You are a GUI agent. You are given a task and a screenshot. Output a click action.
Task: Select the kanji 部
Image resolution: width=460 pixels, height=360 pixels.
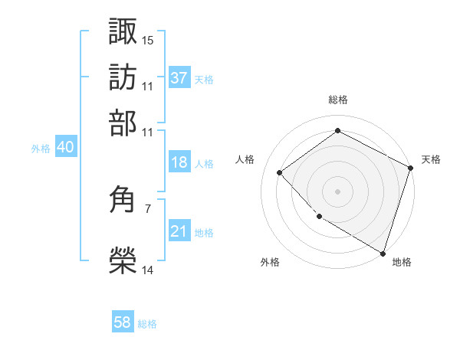[x=123, y=122]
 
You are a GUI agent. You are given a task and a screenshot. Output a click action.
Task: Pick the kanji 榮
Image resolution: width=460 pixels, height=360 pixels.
[x=123, y=259]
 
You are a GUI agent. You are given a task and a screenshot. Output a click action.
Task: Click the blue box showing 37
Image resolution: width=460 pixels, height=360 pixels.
[x=179, y=78]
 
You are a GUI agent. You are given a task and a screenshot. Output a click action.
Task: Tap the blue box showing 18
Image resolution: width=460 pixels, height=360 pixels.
[x=179, y=162]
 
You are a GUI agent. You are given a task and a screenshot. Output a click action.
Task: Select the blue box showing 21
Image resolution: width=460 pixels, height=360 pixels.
[x=179, y=231]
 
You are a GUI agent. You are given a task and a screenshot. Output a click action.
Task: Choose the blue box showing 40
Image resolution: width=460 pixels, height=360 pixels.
[x=65, y=148]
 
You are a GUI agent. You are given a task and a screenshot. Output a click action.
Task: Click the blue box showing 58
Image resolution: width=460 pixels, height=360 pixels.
[x=123, y=322]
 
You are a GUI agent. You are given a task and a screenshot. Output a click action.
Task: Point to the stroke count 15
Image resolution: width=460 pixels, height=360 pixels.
[x=148, y=39]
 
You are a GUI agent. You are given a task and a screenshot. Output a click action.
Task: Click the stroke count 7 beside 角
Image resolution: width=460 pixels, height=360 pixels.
[x=148, y=208]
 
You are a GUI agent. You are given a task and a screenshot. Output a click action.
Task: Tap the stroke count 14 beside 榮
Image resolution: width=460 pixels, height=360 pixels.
[x=148, y=269]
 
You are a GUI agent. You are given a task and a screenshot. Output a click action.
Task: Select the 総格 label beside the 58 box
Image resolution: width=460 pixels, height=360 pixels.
[x=147, y=324]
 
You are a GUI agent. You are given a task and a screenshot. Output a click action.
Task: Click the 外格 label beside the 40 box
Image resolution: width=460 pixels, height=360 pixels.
[x=41, y=149]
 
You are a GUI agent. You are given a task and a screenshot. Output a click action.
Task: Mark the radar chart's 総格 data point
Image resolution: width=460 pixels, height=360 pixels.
[x=337, y=131]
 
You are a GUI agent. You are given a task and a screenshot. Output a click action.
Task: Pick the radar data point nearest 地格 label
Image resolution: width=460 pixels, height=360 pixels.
[x=383, y=253]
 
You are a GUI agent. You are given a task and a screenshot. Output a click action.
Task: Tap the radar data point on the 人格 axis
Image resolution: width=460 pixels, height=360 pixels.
[x=280, y=172]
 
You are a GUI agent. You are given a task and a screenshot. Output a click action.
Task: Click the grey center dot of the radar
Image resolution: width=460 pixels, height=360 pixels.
[x=337, y=191]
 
